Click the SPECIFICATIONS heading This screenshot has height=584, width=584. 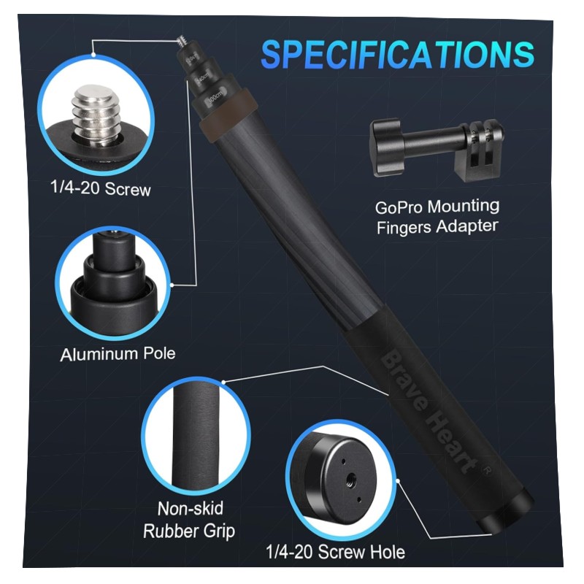397,54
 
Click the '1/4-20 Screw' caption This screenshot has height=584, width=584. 101,188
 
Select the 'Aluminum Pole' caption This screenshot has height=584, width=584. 118,354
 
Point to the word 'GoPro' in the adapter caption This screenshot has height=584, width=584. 399,208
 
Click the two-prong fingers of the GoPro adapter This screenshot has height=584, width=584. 483,150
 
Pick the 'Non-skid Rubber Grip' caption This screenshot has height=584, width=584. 189,520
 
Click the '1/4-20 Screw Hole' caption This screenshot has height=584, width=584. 335,552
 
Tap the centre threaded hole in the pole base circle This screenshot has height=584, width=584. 351,479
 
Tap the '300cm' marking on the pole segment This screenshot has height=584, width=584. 215,98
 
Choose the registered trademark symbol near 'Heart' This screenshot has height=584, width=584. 487,471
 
